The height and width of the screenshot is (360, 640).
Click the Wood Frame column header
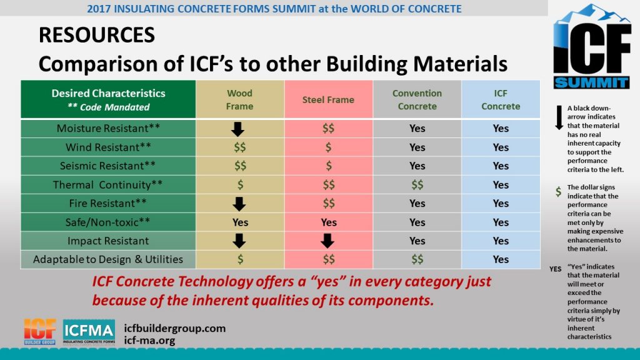pos(240,99)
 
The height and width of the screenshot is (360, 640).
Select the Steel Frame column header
pos(328,99)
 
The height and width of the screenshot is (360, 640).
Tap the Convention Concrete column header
pos(417,99)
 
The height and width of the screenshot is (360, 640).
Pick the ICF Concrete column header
pos(501,99)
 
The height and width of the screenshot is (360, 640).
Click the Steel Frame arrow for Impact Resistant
pos(328,241)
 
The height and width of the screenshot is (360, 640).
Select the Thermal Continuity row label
pos(108,185)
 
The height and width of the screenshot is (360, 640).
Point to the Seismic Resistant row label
pos(108,166)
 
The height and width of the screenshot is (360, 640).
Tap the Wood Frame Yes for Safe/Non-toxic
pos(240,222)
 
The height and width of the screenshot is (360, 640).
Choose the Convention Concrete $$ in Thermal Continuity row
pos(417,185)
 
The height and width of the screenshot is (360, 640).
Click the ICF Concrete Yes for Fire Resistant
pos(501,204)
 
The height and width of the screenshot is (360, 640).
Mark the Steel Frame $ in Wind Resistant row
pos(328,147)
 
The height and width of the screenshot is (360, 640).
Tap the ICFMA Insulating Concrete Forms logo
pos(89,332)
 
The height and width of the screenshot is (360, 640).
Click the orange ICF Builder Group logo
pos(40,332)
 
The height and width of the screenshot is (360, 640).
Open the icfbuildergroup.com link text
pos(175,328)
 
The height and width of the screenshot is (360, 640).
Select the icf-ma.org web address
pos(150,341)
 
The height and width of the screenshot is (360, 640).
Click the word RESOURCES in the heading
pos(97,35)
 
